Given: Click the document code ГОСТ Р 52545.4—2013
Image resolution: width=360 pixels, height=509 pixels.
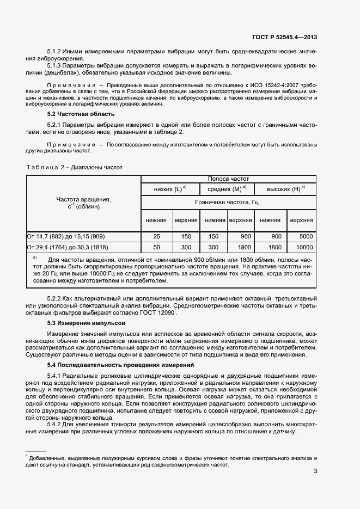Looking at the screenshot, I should tap(284, 37).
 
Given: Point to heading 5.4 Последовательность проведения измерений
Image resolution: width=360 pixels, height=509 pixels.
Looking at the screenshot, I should tap(120, 364).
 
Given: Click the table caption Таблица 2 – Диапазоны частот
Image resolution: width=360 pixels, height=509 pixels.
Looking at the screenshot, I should tap(75, 167).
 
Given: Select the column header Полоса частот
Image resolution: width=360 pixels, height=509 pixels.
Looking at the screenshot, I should tap(228, 179).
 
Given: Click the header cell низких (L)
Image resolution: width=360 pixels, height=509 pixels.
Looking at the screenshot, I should tap(170, 188).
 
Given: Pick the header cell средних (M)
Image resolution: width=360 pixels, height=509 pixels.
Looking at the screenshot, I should tap(228, 188).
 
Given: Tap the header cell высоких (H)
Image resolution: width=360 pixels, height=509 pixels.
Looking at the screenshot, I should tap(285, 188).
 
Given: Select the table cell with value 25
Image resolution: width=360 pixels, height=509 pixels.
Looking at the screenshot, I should tap(157, 237).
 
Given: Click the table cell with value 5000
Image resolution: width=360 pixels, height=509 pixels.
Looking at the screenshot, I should tap(306, 237).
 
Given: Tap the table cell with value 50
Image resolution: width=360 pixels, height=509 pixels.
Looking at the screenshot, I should tap(157, 247).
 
